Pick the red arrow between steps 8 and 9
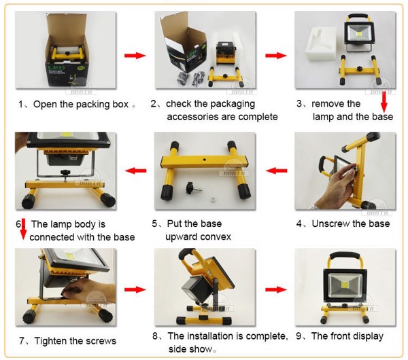pyautogui.click(x=274, y=290)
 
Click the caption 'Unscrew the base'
pyautogui.click(x=350, y=223)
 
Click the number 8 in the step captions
pyautogui.click(x=156, y=336)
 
